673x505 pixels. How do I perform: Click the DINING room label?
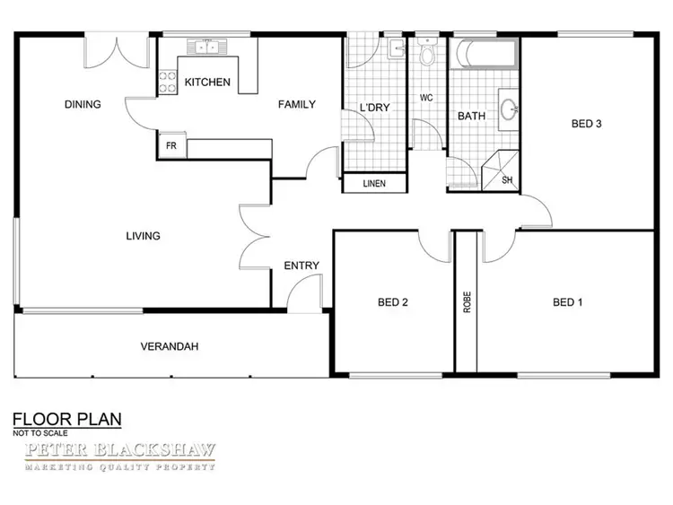coord(83,105)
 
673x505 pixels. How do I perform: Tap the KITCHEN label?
coord(207,83)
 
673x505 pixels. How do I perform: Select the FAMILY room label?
coord(296,105)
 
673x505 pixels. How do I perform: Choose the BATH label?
coord(472,117)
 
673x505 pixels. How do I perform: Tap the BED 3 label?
coord(586,125)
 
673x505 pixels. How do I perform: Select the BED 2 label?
coord(393,303)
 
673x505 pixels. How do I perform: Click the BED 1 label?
coord(568,302)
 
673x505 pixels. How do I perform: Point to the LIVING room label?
coord(143,237)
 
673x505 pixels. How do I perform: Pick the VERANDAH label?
coord(169,347)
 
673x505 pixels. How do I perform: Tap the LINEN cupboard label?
coord(373,184)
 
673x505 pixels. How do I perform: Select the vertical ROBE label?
coord(468,302)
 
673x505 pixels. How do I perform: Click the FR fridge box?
coord(170,144)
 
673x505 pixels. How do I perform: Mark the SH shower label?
coord(507,179)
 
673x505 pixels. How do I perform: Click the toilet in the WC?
coord(428,56)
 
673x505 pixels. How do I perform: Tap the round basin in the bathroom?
coord(510,111)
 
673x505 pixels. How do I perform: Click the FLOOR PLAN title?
coord(66,419)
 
